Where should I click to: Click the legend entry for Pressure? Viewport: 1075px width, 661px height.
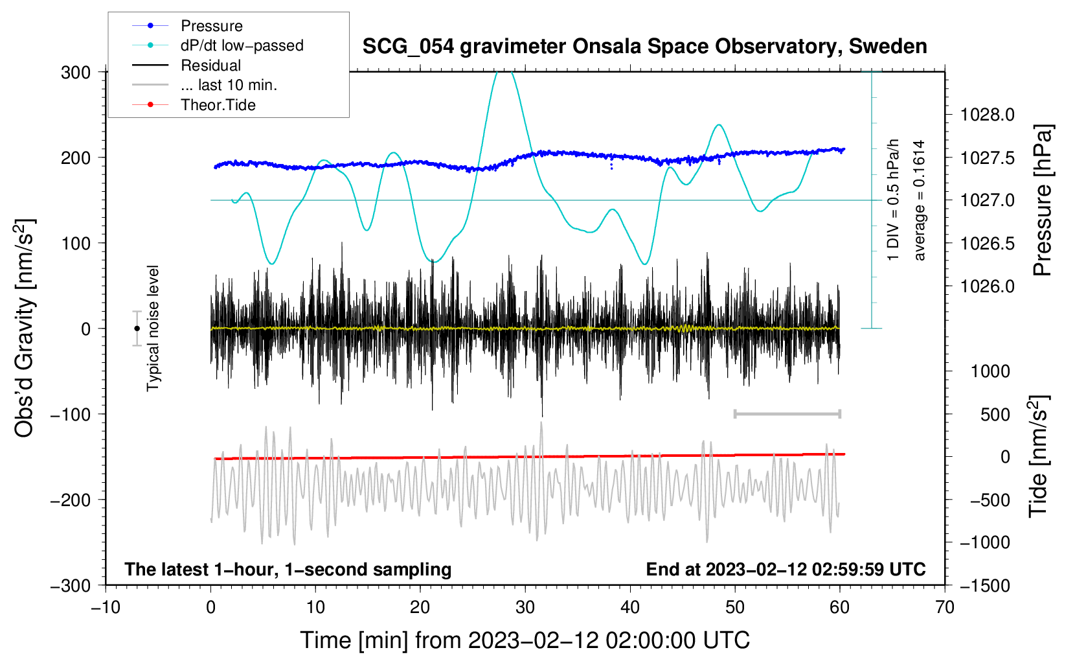click(211, 26)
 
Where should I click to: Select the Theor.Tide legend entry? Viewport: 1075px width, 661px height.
click(218, 105)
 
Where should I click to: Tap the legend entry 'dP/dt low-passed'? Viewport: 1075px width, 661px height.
click(242, 45)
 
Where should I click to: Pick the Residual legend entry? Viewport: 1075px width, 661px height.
click(210, 65)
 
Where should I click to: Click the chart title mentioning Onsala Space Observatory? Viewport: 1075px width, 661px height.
click(644, 47)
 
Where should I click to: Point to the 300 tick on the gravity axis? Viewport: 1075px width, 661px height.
click(76, 72)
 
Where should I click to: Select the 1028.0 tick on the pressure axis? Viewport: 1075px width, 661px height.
click(988, 115)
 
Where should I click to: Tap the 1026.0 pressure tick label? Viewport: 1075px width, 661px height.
click(988, 286)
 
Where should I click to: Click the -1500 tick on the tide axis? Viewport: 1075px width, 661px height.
click(984, 585)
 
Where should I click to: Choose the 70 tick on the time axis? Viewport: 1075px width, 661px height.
click(945, 607)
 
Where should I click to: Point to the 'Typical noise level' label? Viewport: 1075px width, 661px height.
click(153, 328)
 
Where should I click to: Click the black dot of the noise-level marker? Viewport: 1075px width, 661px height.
click(137, 329)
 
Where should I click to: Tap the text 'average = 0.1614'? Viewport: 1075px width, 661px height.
click(920, 200)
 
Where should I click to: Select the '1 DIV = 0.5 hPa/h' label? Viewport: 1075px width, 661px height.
click(894, 200)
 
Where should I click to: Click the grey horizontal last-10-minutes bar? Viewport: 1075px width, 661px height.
click(787, 413)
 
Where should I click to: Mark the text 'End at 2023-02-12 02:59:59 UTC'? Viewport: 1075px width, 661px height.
click(786, 569)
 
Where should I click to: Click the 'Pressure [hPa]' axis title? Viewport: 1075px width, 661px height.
click(1043, 200)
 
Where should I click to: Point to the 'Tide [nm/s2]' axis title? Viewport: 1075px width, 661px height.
click(1038, 456)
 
